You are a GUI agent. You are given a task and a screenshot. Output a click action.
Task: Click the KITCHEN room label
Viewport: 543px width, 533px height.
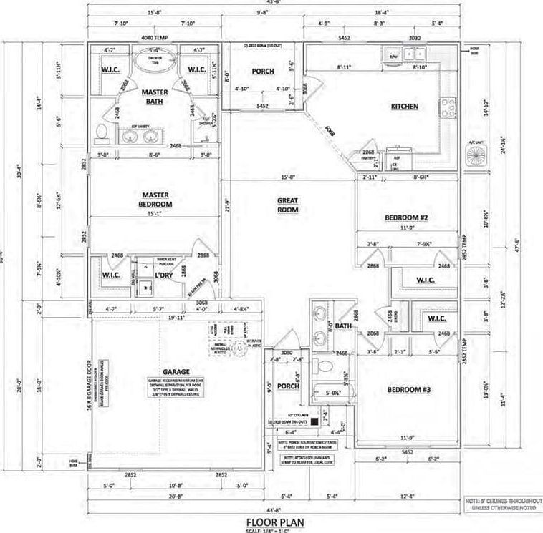click(404, 107)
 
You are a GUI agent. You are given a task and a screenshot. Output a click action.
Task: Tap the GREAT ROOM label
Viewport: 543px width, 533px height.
click(287, 205)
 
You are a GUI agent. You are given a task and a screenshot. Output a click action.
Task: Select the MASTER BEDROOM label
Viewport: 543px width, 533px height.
click(154, 198)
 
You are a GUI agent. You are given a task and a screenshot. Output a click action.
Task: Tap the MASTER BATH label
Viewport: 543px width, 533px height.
click(154, 97)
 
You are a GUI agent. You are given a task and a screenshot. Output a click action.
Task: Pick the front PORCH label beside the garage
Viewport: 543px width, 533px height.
click(288, 387)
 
